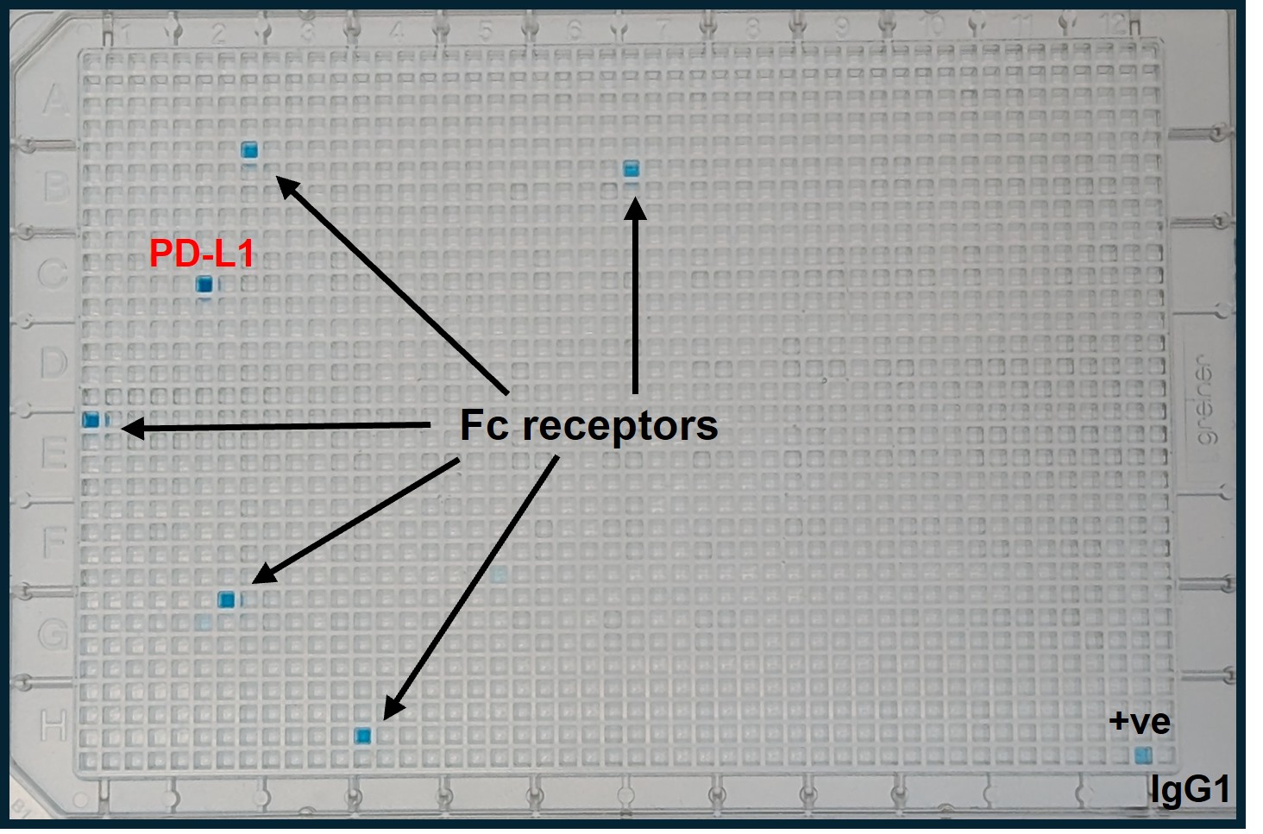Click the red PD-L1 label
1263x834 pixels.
202,254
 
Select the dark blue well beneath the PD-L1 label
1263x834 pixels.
204,285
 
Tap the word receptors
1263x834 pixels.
619,425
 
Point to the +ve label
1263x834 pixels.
1139,721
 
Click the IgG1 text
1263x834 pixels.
1190,788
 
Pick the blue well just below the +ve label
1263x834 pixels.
1143,756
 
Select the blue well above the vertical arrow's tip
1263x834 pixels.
631,168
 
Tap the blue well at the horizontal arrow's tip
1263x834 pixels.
91,420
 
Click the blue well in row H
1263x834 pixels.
363,736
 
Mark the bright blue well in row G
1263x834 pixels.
227,599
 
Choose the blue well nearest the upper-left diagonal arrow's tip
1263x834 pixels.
249,151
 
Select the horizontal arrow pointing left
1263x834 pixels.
276,426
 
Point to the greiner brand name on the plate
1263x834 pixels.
1204,401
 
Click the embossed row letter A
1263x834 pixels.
53,100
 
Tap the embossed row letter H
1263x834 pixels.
53,726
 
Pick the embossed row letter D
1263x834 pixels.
53,363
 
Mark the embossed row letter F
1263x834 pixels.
53,542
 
